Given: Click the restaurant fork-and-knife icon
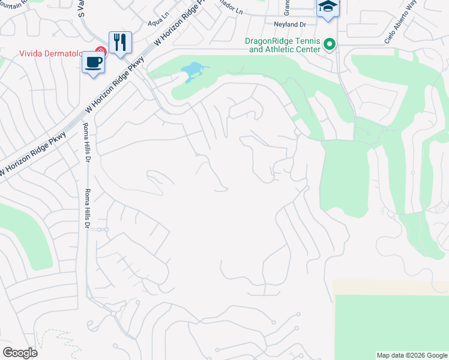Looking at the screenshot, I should pos(120,43).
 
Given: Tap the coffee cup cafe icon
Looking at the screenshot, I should pos(93,62).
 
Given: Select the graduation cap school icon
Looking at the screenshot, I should pos(328,8).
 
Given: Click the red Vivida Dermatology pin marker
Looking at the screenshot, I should pos(101,52).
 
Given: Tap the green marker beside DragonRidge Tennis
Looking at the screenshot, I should pos(329,44).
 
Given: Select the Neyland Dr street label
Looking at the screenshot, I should pos(291,25).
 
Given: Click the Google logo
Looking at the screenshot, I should pos(20,353).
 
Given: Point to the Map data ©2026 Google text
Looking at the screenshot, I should pos(412,355).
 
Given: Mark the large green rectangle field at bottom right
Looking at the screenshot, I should pos(390,321).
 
